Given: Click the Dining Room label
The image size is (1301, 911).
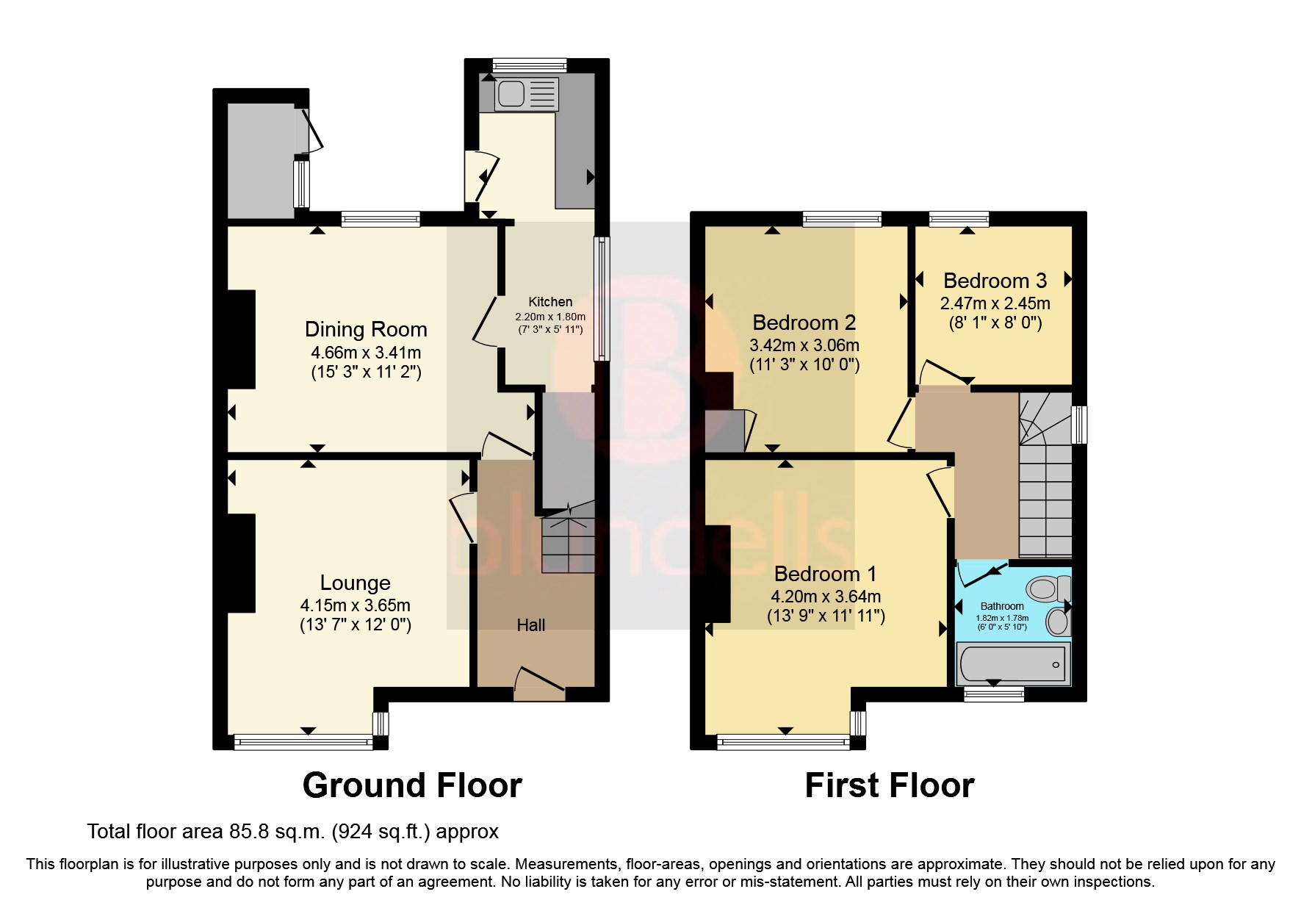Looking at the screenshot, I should click(x=366, y=329).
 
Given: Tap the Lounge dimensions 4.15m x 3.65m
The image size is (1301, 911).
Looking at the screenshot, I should click(x=355, y=606).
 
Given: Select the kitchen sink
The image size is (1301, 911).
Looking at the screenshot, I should click(x=509, y=93).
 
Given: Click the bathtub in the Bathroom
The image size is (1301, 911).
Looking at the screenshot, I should click(x=1012, y=664).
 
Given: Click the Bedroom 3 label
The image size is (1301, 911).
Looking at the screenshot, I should click(x=995, y=281).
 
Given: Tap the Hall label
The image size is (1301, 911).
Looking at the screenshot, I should click(x=530, y=625).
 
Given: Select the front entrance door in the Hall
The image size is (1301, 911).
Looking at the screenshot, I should click(x=540, y=680).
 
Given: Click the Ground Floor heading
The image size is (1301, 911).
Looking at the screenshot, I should click(x=412, y=785).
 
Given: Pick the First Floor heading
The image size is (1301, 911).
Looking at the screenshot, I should click(x=889, y=785).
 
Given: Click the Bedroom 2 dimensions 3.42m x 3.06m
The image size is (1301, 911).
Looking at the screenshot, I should click(x=804, y=345).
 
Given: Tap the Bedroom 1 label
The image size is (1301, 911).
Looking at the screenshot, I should click(x=825, y=574).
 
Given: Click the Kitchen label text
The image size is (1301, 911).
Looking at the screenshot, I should click(x=550, y=302).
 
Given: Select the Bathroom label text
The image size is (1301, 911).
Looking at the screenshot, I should click(x=1002, y=606).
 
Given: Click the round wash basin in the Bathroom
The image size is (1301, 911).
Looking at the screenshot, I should click(x=1058, y=622).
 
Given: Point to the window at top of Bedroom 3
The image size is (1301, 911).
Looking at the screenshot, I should click(x=959, y=218).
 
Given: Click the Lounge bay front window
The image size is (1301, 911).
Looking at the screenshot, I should click(x=303, y=743).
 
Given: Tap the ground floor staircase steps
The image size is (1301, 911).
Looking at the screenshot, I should click(x=567, y=544).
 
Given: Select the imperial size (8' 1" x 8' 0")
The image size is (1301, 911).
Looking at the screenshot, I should click(x=995, y=323).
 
